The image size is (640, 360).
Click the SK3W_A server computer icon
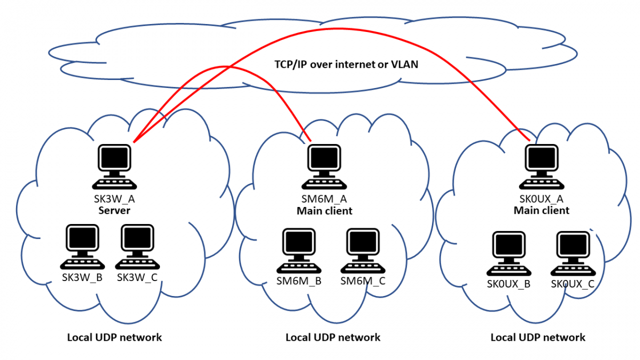point(115,166)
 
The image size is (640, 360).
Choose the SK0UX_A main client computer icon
point(541,166)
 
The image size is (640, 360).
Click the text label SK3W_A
point(115,201)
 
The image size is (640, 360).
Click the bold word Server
point(115,211)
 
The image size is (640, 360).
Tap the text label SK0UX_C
point(572,284)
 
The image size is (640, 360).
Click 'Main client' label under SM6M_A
point(324,211)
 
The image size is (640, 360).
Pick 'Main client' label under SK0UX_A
point(541,211)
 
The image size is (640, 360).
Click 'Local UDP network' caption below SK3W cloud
point(115,337)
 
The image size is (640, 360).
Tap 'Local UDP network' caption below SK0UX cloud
point(538,337)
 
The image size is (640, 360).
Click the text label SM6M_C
point(363,281)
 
